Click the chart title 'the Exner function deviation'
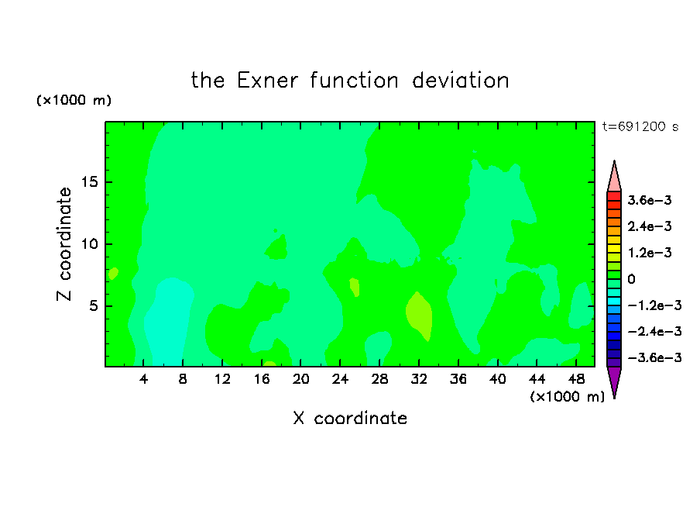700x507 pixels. click(x=350, y=81)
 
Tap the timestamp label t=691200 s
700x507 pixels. click(x=640, y=126)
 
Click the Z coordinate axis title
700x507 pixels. click(x=64, y=244)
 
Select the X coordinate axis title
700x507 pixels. click(x=350, y=418)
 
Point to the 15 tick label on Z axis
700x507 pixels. click(x=89, y=182)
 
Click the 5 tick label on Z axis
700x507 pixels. click(x=93, y=305)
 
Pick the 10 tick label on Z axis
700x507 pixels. click(x=89, y=244)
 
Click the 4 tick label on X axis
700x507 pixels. click(x=143, y=379)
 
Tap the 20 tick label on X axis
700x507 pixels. click(x=300, y=379)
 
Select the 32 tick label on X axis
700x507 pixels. click(x=419, y=379)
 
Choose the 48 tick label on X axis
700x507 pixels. click(x=576, y=379)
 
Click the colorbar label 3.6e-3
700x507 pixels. click(x=650, y=200)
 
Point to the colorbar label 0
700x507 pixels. click(x=631, y=279)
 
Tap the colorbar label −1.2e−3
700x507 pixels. click(x=654, y=305)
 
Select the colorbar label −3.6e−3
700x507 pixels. click(x=654, y=357)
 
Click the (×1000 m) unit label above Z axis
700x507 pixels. click(x=74, y=100)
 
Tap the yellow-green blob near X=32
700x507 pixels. click(x=419, y=316)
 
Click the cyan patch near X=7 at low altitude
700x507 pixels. click(x=167, y=319)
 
